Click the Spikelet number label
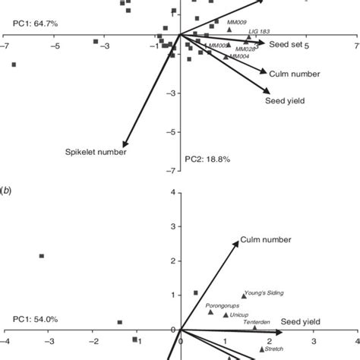pos(94,152)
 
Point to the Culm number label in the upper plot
pos(292,74)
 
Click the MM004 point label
pos(239,56)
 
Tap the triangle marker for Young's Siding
pos(244,295)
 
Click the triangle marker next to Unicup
pos(226,314)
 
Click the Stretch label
pos(273,349)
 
